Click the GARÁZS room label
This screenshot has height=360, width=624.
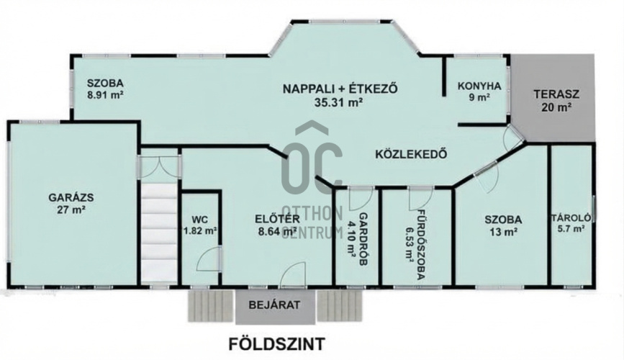[x=71, y=197]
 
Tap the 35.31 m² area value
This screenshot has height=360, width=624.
[x=339, y=102]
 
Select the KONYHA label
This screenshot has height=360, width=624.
[x=479, y=86]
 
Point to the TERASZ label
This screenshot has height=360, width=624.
[x=556, y=95]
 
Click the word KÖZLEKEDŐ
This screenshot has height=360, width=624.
[x=411, y=154]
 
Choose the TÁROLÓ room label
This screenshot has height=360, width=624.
[x=574, y=218]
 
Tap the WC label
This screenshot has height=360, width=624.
[x=199, y=220]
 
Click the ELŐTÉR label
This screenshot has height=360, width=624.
[x=277, y=218]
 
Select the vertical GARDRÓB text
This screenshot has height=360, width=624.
[x=363, y=239]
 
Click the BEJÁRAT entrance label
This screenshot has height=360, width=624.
[x=274, y=305]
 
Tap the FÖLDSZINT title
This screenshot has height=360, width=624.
[x=276, y=343]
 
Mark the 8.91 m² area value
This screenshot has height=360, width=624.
[x=105, y=96]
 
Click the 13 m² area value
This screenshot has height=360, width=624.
[x=503, y=232]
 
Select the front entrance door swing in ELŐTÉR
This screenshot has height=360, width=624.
[x=294, y=274]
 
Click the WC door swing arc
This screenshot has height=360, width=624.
[x=208, y=258]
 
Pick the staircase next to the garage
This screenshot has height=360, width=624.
[x=159, y=233]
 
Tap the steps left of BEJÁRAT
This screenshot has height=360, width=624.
[x=211, y=306]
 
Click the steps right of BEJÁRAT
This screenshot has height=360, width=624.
[x=340, y=306]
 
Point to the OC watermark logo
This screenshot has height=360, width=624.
[x=312, y=159]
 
